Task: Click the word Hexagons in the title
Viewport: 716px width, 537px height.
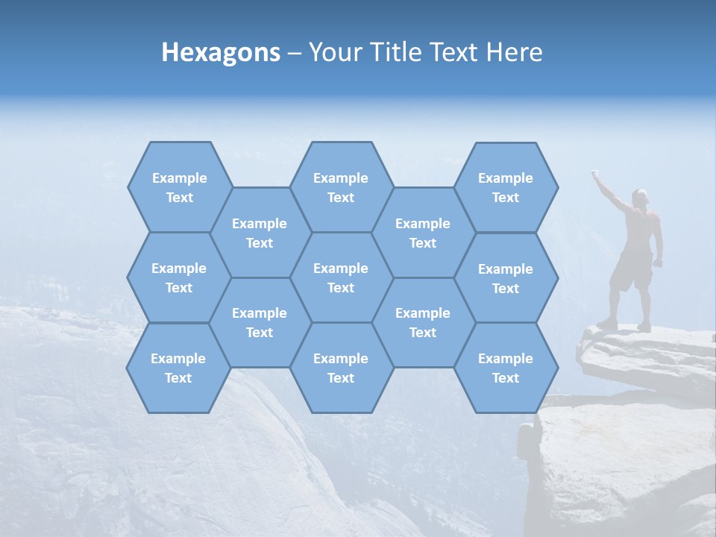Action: [221, 52]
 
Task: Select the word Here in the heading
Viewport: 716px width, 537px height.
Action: [514, 52]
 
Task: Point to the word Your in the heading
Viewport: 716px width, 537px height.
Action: [334, 52]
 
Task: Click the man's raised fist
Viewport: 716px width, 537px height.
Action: [595, 175]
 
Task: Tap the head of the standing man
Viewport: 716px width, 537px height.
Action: [640, 197]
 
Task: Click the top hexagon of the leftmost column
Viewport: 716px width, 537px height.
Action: [179, 187]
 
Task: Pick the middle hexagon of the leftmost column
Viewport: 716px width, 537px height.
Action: [179, 277]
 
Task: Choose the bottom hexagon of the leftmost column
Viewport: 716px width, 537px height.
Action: [178, 368]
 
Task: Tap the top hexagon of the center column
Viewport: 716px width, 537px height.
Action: [341, 187]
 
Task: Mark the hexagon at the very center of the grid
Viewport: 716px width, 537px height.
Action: [341, 277]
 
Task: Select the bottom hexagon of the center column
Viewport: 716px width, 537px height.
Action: [341, 368]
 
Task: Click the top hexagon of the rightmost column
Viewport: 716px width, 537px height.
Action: [506, 187]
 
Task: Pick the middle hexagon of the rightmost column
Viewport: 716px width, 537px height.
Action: [506, 278]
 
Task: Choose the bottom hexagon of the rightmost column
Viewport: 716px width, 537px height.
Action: [506, 368]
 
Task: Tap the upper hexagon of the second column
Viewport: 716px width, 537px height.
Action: [260, 233]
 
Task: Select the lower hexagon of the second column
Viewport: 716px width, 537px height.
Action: [260, 322]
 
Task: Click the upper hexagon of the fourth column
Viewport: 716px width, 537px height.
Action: [423, 233]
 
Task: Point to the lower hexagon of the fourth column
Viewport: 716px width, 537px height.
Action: [423, 322]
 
